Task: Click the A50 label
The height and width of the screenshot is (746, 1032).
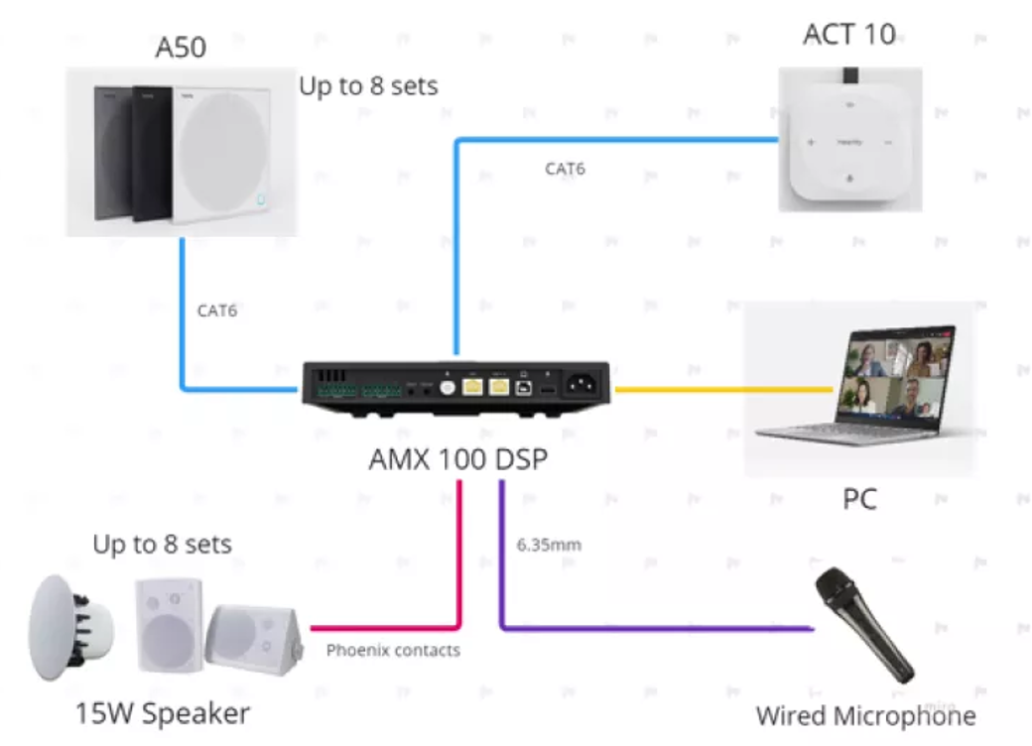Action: tap(180, 48)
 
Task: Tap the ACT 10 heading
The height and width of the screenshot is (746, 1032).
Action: tap(848, 35)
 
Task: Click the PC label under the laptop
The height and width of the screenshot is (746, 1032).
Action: tap(859, 499)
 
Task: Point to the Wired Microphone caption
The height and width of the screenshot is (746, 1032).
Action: tap(865, 715)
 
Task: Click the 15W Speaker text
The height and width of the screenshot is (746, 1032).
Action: tap(163, 712)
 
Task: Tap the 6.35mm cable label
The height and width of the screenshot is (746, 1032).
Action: tap(549, 545)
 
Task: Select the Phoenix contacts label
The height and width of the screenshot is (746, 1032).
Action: tap(393, 651)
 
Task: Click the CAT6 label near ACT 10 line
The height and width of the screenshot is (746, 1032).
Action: tap(565, 169)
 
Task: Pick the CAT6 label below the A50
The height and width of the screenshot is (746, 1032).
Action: tap(217, 311)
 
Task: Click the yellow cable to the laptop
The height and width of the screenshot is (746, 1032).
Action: tap(724, 389)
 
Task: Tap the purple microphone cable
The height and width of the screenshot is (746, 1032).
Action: tap(655, 628)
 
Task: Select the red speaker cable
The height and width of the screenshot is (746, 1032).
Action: tap(387, 627)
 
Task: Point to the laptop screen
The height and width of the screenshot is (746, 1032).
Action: tap(891, 382)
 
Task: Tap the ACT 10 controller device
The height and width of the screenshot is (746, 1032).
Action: tap(849, 140)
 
